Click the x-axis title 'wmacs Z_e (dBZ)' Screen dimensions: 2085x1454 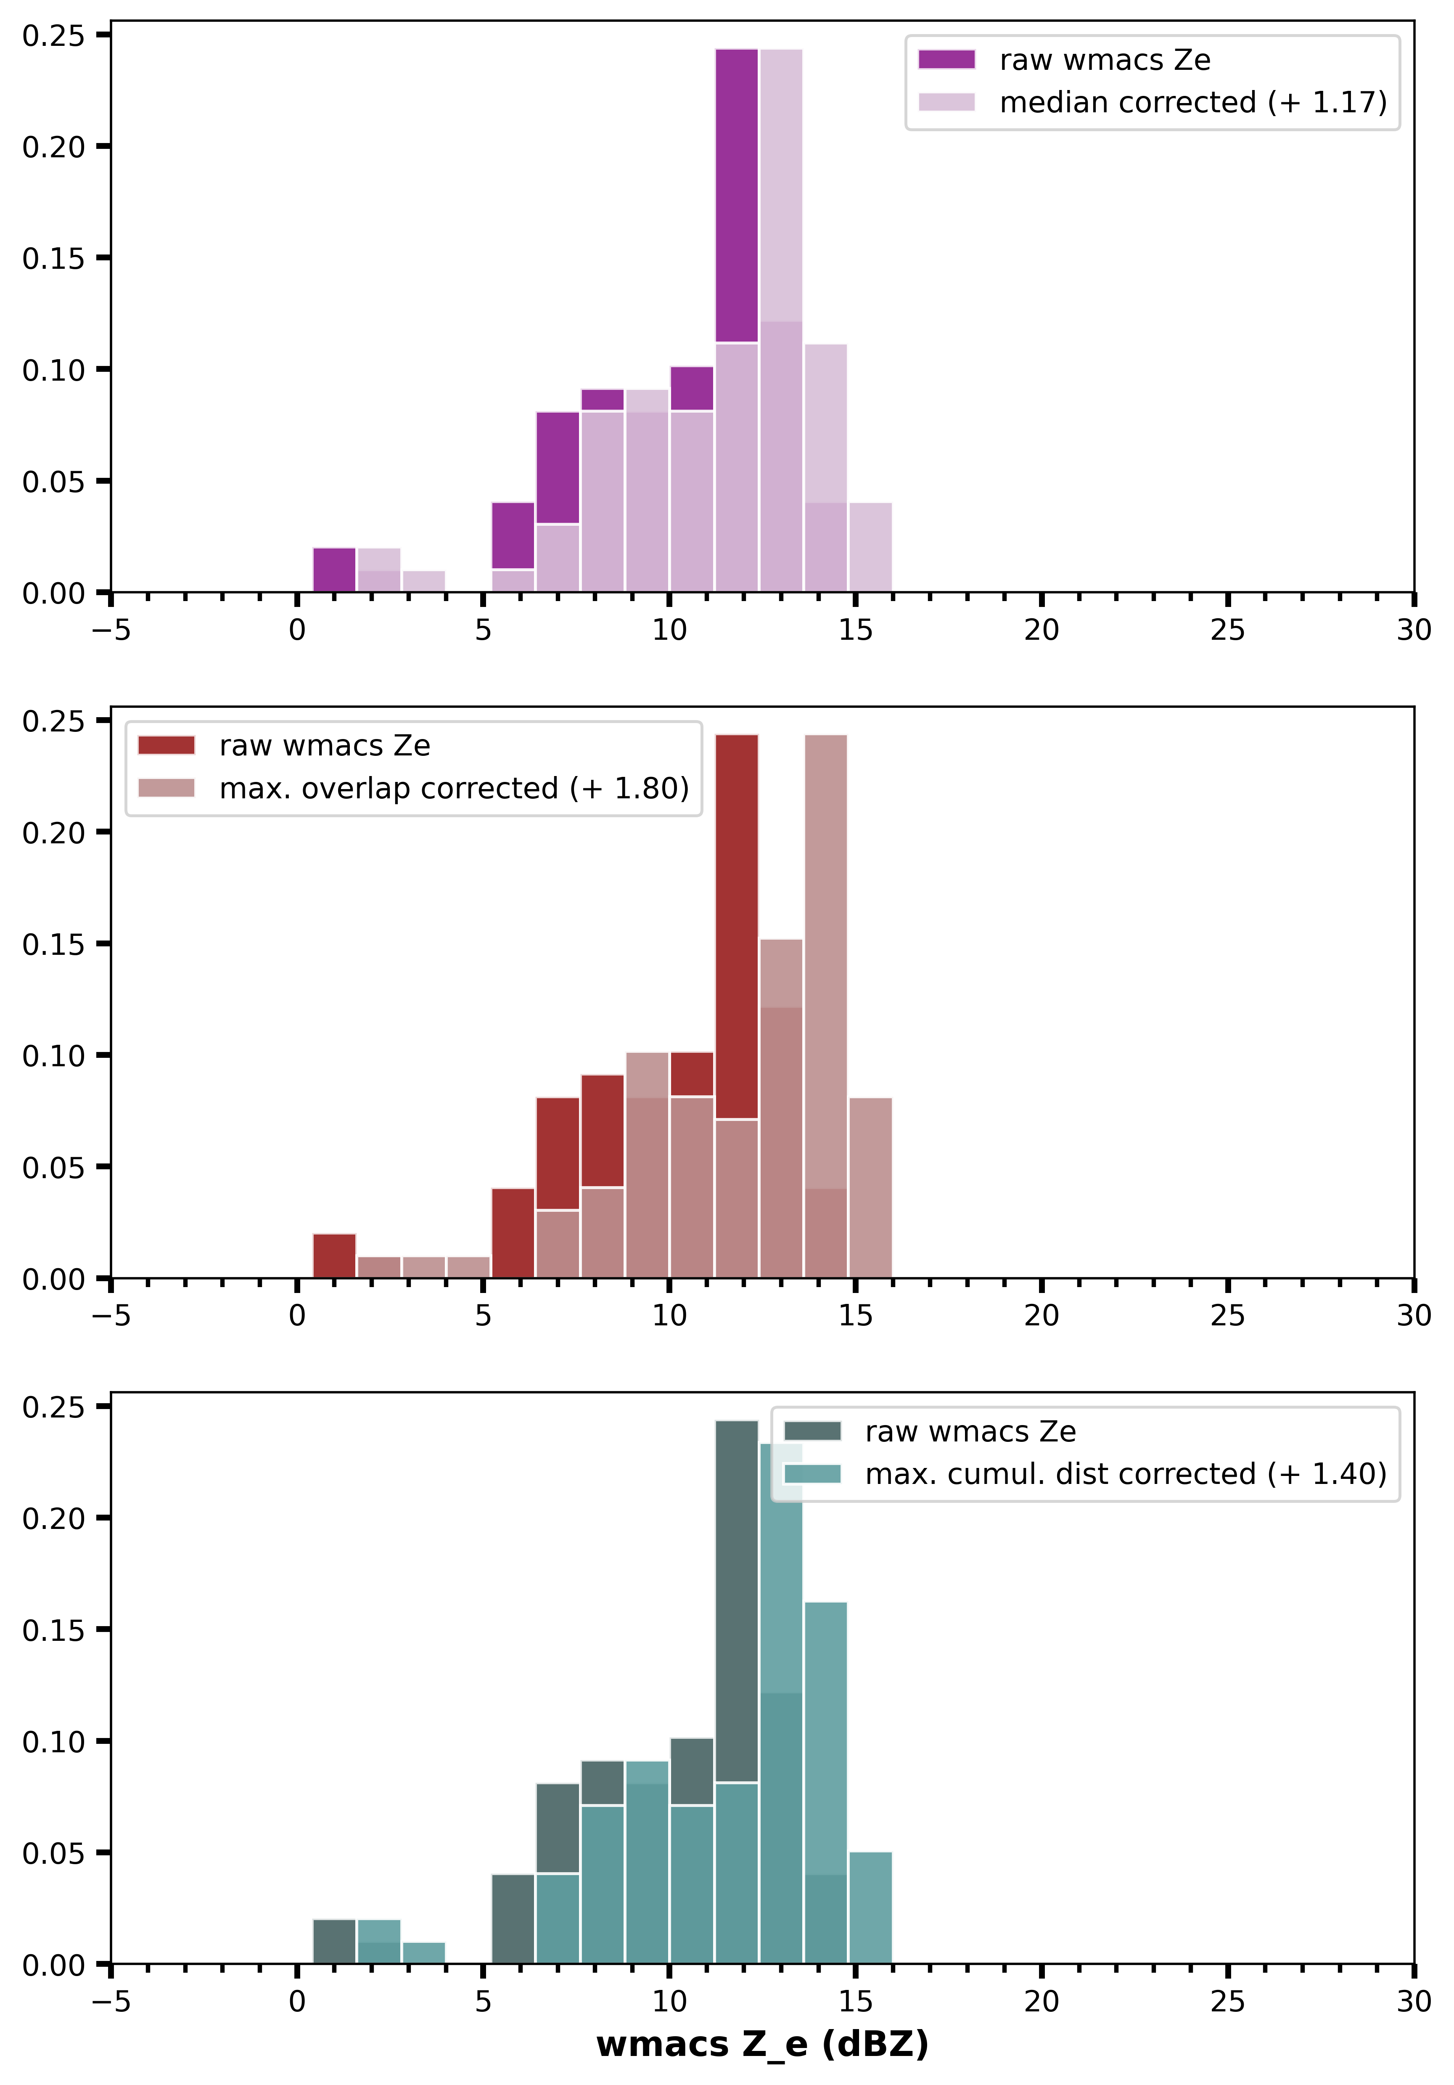[x=762, y=2044]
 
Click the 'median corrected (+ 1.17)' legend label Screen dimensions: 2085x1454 [x=1192, y=103]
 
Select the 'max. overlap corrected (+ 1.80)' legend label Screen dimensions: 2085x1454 [x=454, y=788]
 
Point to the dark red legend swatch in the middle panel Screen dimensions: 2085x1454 [x=166, y=746]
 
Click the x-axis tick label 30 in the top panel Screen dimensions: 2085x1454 [x=1413, y=630]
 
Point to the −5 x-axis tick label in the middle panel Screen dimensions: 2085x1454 [x=111, y=1316]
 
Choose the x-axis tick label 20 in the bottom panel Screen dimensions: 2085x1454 [x=1041, y=2001]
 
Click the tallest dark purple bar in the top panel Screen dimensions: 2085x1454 [x=736, y=195]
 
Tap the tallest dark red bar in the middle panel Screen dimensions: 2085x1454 [x=736, y=926]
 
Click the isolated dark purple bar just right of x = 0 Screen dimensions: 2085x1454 [x=334, y=570]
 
